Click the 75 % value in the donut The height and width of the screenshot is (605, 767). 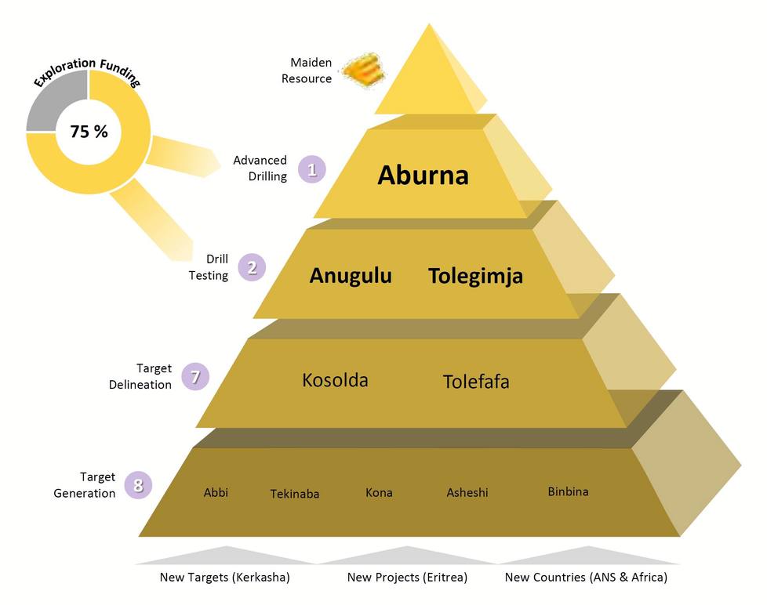pos(89,132)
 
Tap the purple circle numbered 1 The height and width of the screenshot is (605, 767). pos(312,169)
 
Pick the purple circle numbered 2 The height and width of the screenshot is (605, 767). pos(252,267)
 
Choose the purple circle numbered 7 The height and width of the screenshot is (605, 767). pos(195,376)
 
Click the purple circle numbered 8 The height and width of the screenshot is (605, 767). pos(139,485)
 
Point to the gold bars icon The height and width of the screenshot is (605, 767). pos(363,71)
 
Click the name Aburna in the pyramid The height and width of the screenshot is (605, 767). pos(423,175)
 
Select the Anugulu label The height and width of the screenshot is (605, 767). pos(351,276)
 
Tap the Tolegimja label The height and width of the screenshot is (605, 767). pos(475,276)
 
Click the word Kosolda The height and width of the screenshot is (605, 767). pos(335,380)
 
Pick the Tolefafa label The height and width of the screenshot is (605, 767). pos(476,382)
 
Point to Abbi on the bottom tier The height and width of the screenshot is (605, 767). pos(216,492)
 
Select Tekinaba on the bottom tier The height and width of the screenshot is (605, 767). pos(295,494)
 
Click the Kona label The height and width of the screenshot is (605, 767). pos(379,492)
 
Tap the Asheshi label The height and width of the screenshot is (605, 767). pos(467,492)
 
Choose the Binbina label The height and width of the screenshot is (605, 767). pos(568,491)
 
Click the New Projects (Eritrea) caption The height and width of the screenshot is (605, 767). pos(408,577)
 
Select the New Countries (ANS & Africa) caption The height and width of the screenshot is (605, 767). pos(586,577)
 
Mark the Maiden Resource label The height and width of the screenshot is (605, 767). pos(307,71)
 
